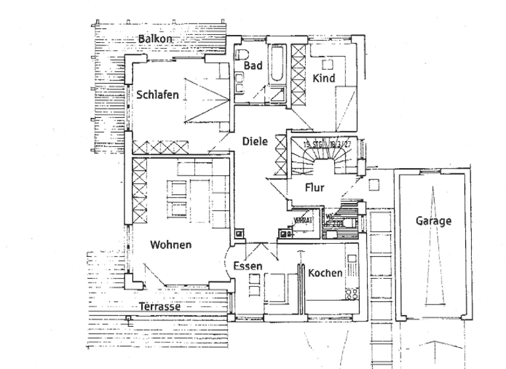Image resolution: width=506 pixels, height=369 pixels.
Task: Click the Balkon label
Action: [x=155, y=39]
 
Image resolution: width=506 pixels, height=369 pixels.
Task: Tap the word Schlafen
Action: [x=157, y=95]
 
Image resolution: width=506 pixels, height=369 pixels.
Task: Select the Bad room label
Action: [x=253, y=66]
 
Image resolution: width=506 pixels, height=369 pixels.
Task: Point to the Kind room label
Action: [x=324, y=78]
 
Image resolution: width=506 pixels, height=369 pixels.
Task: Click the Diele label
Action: [x=254, y=141]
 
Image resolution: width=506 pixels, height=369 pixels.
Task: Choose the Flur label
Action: [x=314, y=188]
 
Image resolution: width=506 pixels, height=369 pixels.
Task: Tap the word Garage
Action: [x=433, y=221]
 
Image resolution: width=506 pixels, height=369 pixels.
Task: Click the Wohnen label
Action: [x=171, y=245]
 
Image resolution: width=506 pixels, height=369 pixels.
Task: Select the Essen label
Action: [x=248, y=266]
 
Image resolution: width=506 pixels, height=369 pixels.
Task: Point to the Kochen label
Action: [x=325, y=273]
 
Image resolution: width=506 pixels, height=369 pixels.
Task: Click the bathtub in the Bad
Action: [x=277, y=66]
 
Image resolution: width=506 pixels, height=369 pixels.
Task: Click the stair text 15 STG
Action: [x=314, y=144]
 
